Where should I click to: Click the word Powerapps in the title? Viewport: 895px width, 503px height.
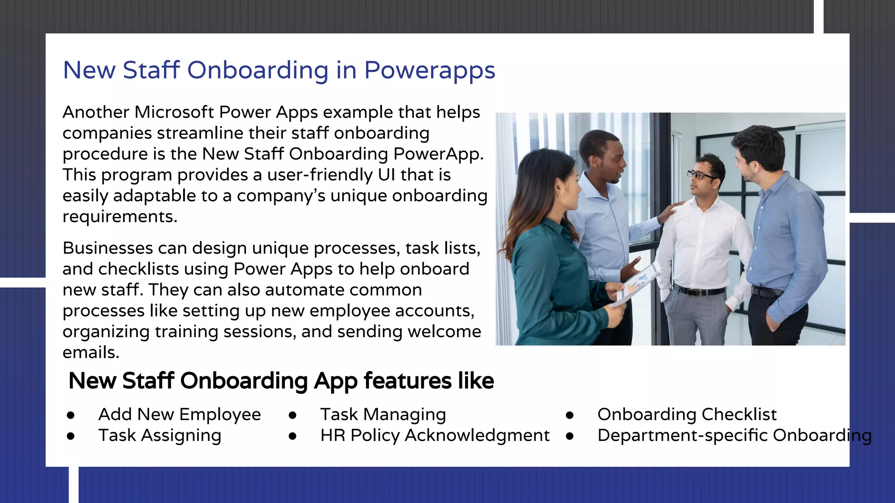430,70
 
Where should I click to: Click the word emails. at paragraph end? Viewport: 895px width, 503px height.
90,352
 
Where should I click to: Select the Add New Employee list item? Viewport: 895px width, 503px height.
179,414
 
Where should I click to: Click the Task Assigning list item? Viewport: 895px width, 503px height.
160,435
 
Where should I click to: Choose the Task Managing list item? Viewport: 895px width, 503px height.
383,414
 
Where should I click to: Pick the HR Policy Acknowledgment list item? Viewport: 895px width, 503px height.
434,435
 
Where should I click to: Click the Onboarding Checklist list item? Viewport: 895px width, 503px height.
687,414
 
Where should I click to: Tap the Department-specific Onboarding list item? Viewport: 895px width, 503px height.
734,435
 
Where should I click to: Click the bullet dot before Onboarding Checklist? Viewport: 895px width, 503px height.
569,415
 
